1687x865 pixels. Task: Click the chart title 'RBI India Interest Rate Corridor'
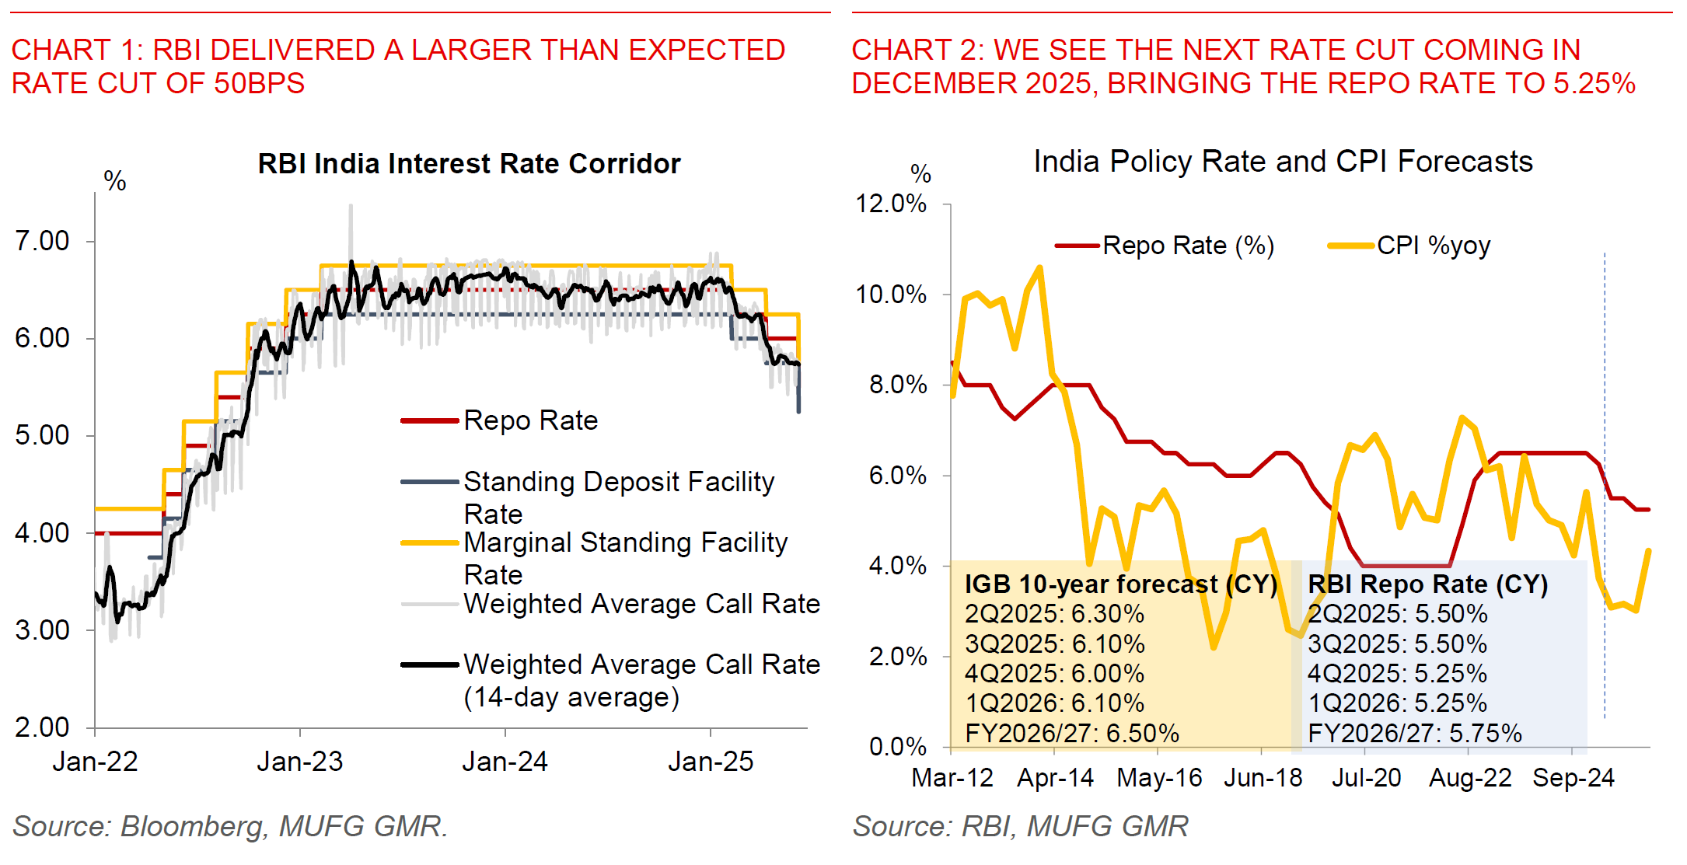469,164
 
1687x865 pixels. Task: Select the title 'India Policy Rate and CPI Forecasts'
1283,162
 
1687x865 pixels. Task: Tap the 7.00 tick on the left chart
42,241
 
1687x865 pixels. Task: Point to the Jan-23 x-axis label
300,762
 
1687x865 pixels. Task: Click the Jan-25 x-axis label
711,762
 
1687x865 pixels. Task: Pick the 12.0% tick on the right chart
891,204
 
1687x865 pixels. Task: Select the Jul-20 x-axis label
1366,778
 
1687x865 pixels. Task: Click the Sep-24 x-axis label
1573,778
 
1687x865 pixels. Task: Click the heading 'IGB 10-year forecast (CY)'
1121,584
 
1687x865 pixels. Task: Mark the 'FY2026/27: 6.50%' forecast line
1072,733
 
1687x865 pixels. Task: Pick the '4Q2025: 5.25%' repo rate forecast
1397,674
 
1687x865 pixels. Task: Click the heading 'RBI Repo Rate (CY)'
1427,584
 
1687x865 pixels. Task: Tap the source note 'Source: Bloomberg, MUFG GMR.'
230,826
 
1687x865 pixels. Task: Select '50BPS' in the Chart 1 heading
259,84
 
